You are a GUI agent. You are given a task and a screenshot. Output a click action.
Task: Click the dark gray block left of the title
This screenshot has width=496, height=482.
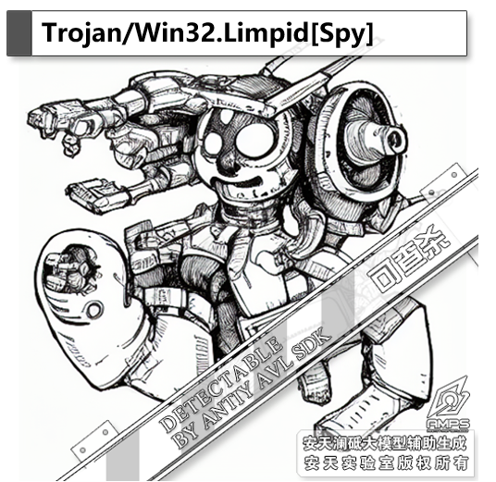19,33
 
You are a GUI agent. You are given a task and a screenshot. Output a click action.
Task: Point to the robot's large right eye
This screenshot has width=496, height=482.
253,140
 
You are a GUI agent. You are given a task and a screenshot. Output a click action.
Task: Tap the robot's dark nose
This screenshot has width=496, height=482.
227,164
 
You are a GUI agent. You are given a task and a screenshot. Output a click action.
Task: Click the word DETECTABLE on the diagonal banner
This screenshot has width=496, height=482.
221,384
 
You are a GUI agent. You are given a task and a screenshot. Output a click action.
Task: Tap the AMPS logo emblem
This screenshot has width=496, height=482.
448,404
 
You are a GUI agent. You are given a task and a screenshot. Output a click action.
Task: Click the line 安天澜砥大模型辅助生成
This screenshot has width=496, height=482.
385,443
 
